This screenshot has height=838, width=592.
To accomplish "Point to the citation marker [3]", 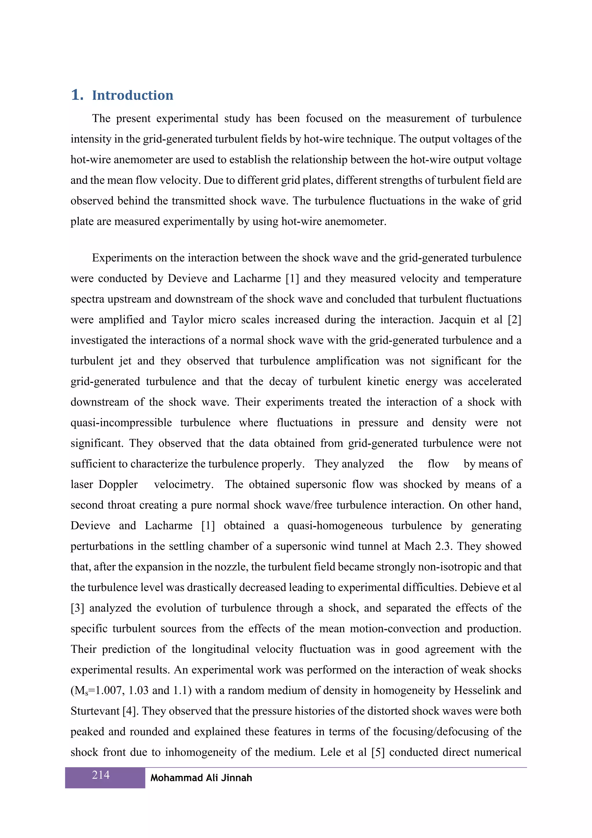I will click(x=77, y=608).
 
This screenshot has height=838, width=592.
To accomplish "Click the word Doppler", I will click(x=118, y=485).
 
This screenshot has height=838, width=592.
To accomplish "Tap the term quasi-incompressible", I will click(x=121, y=423).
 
